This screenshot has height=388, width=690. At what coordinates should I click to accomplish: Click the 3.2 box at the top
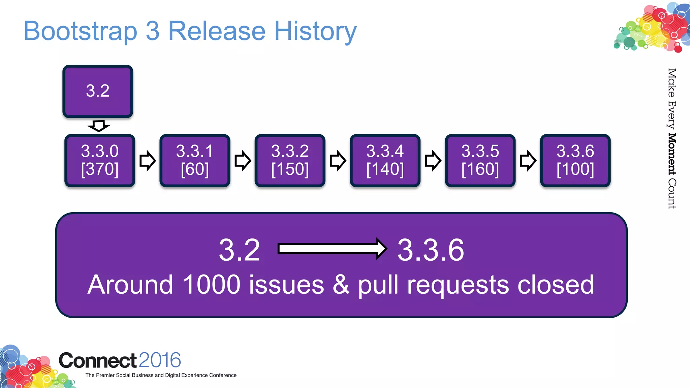tap(98, 91)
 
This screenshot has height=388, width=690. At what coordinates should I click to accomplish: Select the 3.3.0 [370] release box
tap(100, 160)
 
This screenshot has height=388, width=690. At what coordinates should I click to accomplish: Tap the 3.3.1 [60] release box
tap(195, 160)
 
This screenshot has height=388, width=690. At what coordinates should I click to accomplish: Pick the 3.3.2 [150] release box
tap(290, 160)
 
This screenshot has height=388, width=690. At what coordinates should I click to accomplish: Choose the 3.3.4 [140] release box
tap(385, 160)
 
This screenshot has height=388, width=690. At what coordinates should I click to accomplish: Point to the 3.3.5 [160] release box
tap(480, 160)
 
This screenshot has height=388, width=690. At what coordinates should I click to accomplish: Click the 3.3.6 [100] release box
tap(575, 160)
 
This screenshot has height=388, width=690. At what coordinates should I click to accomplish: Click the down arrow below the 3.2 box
tap(98, 126)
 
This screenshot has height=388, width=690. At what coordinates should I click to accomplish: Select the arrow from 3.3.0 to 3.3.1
tap(148, 161)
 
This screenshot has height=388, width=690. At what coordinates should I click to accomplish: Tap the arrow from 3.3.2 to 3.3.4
tap(338, 161)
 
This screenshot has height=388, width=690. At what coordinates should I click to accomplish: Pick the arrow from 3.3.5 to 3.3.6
tap(528, 161)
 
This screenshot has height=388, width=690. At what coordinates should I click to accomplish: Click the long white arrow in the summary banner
tap(332, 249)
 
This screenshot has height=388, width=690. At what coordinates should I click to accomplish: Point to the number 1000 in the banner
tap(212, 285)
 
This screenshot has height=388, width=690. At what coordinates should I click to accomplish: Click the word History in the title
tap(315, 31)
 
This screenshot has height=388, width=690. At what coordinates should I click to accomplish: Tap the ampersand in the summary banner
tap(341, 285)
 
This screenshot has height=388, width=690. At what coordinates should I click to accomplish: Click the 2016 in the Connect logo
tap(160, 360)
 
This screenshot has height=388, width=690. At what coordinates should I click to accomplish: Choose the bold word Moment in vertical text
tap(672, 154)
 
